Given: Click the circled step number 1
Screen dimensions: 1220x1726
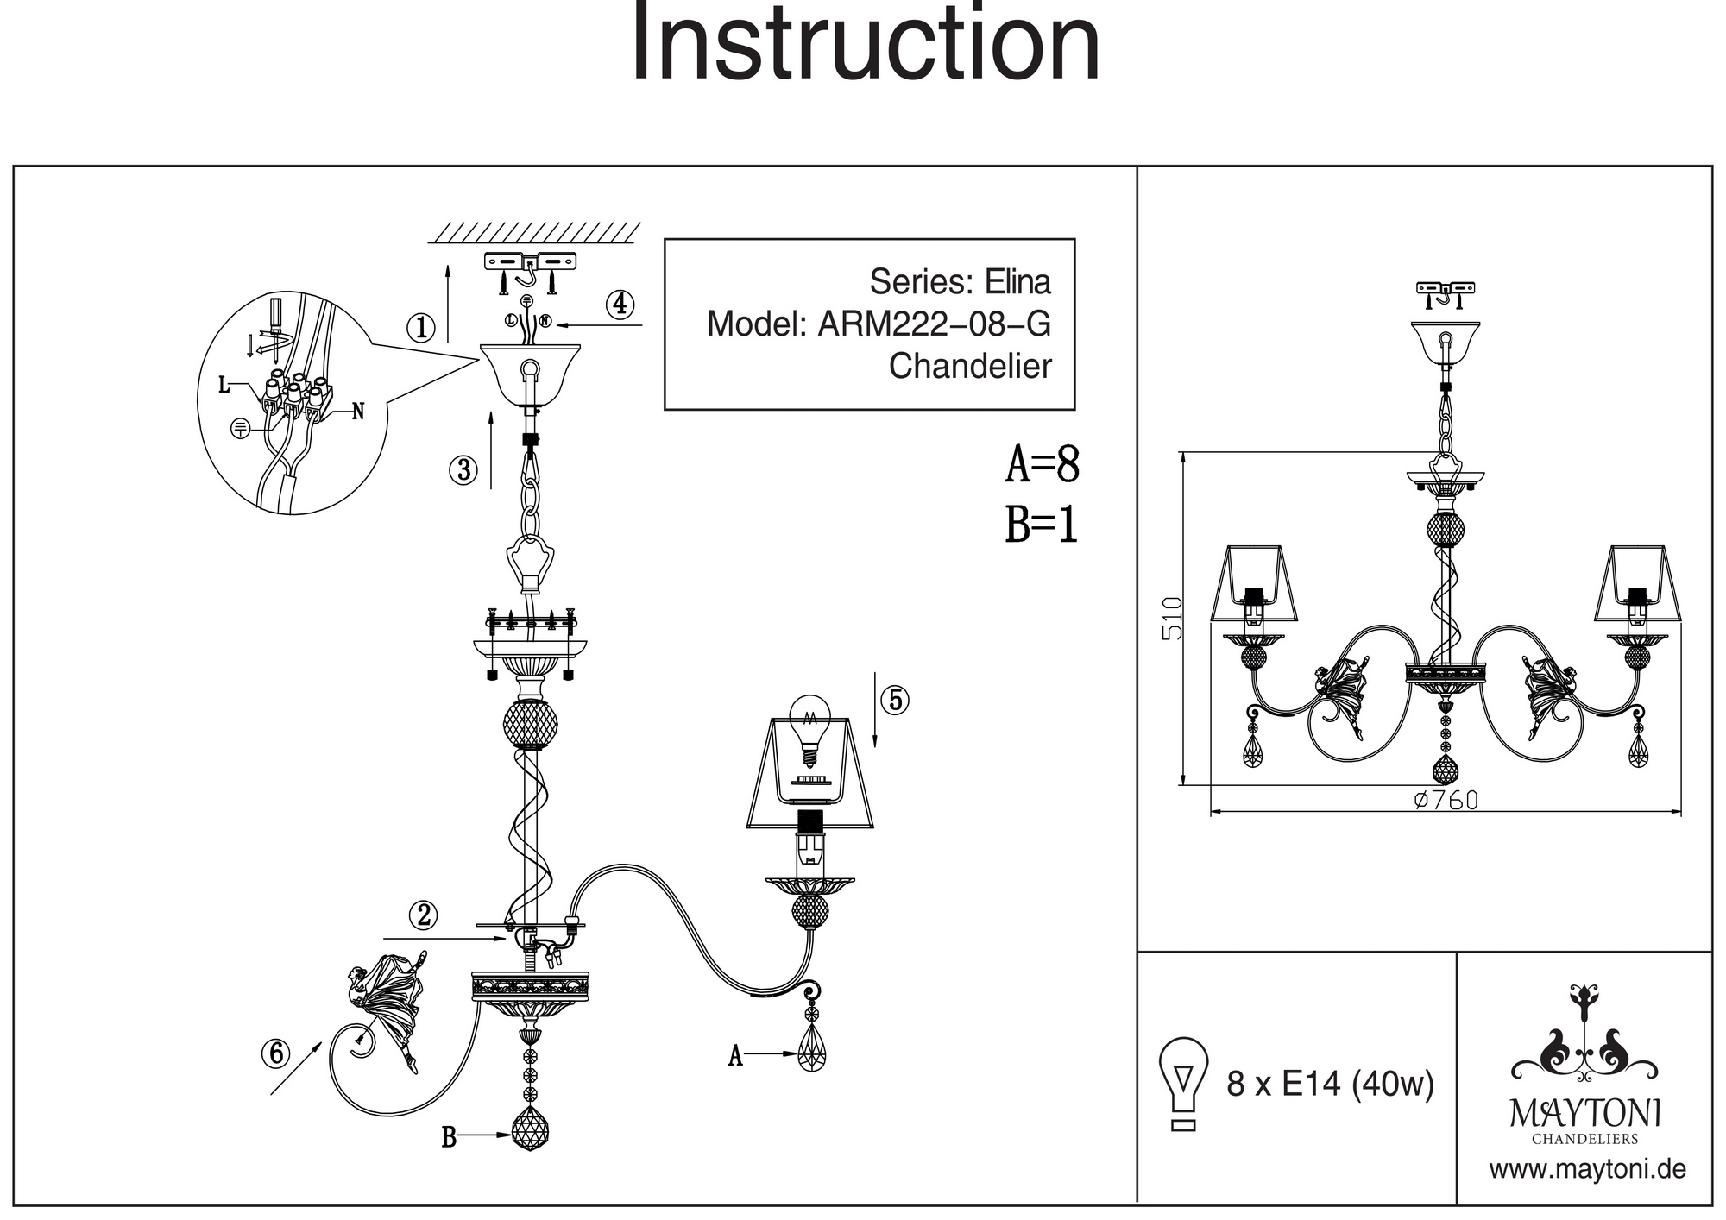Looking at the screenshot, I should pyautogui.click(x=421, y=328).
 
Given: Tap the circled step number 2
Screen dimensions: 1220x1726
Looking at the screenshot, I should pyautogui.click(x=424, y=915).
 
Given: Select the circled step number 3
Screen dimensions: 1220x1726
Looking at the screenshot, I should pyautogui.click(x=463, y=470).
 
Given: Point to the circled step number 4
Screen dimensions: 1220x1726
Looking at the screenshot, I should pyautogui.click(x=620, y=305).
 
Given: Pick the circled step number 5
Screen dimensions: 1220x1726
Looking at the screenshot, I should pyautogui.click(x=895, y=700).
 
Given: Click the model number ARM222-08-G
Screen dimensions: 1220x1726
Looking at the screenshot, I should pyautogui.click(x=934, y=324).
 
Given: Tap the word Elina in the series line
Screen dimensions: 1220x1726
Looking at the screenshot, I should pyautogui.click(x=1019, y=282).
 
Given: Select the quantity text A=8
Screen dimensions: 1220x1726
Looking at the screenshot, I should pyautogui.click(x=1042, y=465).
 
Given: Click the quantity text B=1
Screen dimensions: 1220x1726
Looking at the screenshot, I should pyautogui.click(x=1042, y=525).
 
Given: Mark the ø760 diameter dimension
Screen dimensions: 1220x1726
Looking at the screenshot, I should pyautogui.click(x=1446, y=801).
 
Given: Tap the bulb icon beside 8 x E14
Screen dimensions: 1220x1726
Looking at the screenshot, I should pyautogui.click(x=1184, y=1082).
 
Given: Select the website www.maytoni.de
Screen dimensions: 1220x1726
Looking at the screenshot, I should pyautogui.click(x=1587, y=1171).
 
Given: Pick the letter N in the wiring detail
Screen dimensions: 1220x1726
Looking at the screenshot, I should pyautogui.click(x=358, y=412).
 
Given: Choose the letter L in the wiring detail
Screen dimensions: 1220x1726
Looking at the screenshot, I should pyautogui.click(x=224, y=385).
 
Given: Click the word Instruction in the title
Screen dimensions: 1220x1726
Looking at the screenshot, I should pyautogui.click(x=866, y=43).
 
